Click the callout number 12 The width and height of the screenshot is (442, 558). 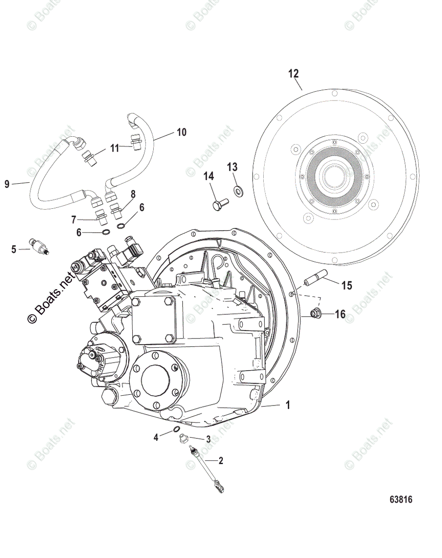(x=293, y=73)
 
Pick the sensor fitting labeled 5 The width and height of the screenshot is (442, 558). (x=40, y=245)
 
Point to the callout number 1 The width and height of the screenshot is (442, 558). (x=287, y=406)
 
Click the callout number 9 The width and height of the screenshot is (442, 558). (x=6, y=185)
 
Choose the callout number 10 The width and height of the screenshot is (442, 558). (x=181, y=133)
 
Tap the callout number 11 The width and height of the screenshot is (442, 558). (x=115, y=148)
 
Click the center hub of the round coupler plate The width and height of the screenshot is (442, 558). (x=334, y=177)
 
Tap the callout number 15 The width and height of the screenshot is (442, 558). (x=347, y=285)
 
